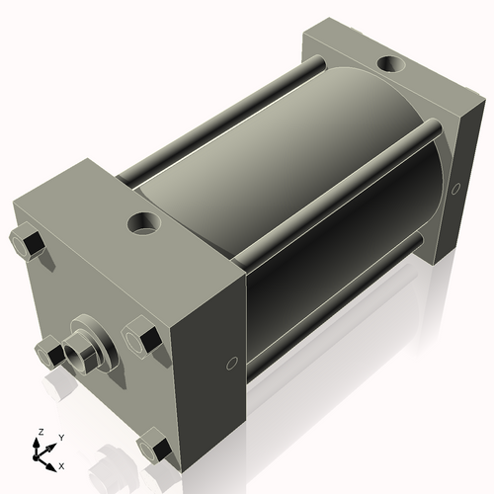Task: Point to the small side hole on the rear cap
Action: click(455, 188)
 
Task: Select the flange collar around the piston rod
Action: click(95, 335)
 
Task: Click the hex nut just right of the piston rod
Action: click(141, 339)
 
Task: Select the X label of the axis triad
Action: click(61, 463)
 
